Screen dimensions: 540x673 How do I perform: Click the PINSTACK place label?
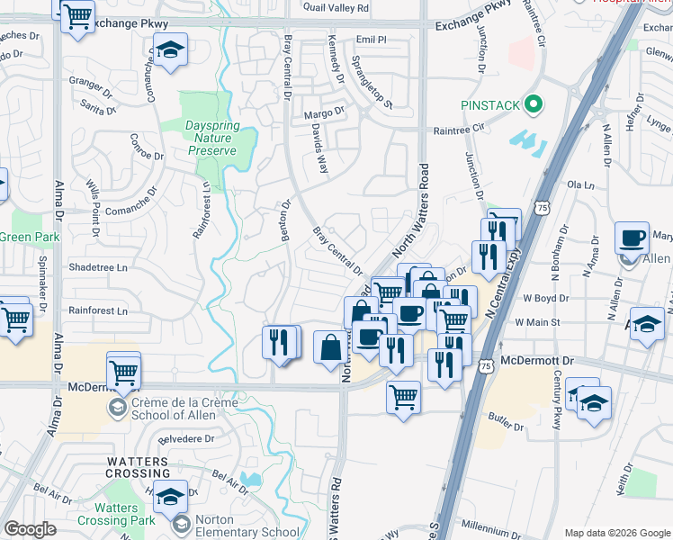490,105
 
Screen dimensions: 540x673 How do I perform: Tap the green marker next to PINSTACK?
534,105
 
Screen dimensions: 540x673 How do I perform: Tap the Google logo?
30,529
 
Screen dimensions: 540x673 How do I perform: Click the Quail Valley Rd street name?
336,8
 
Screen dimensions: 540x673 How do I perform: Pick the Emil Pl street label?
371,40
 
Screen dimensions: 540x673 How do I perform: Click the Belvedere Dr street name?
185,439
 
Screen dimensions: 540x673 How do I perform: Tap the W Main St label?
537,321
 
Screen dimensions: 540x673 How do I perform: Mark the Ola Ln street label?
581,184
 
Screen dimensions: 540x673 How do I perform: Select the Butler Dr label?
507,418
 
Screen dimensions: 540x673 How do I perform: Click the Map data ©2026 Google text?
616,533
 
